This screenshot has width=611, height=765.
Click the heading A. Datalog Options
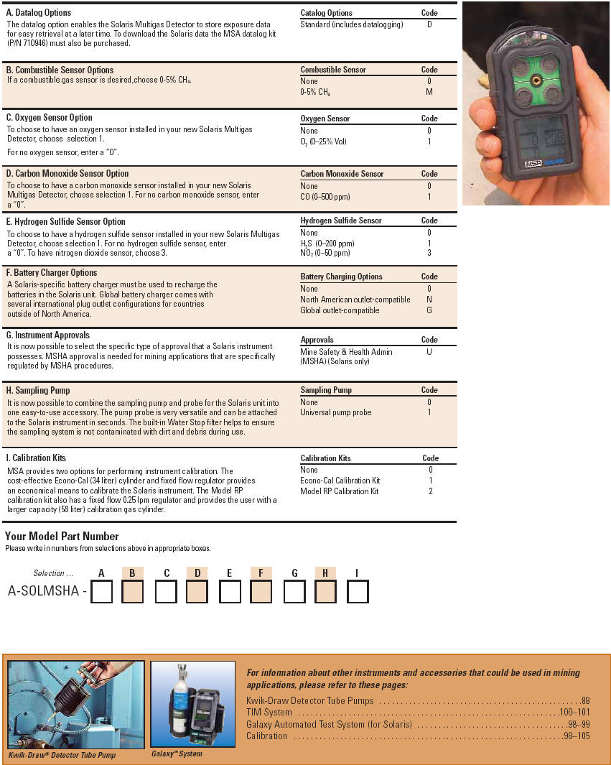click(x=39, y=13)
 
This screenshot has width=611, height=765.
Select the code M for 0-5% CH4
click(x=429, y=93)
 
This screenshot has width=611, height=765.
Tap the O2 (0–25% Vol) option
click(x=323, y=142)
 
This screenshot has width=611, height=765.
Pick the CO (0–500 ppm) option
click(x=325, y=197)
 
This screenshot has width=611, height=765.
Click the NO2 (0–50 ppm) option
click(x=325, y=253)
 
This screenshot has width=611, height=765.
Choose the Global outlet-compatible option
click(x=340, y=310)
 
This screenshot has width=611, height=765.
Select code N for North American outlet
click(x=429, y=300)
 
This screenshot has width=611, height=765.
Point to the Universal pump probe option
click(x=335, y=413)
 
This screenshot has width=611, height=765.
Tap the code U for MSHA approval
click(x=429, y=352)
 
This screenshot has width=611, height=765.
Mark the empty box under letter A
click(x=102, y=592)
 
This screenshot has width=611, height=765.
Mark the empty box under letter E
click(x=230, y=592)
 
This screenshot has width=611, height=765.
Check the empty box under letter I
click(x=358, y=592)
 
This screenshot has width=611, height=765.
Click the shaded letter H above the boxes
click(x=325, y=572)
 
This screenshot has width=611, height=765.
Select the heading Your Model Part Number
click(x=62, y=537)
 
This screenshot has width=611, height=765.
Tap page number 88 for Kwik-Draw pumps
click(x=585, y=700)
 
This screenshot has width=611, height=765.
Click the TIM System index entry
click(x=269, y=713)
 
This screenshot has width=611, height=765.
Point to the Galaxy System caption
click(x=177, y=754)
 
